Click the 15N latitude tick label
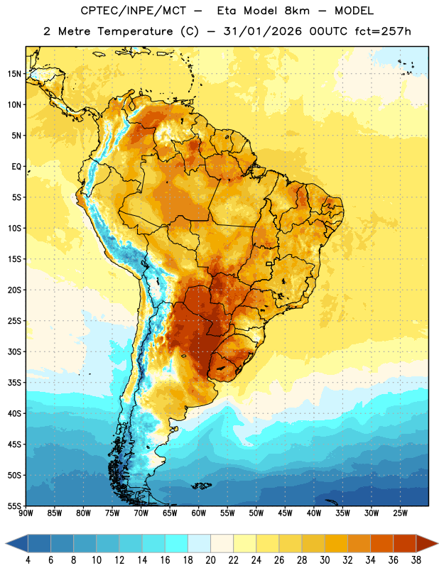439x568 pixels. pyautogui.click(x=14, y=74)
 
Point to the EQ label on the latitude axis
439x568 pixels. pyautogui.click(x=16, y=167)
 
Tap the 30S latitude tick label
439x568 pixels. pyautogui.click(x=14, y=351)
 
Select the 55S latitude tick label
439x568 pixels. pyautogui.click(x=14, y=506)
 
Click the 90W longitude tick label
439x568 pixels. pyautogui.click(x=26, y=513)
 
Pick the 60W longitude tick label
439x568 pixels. pyautogui.click(x=199, y=513)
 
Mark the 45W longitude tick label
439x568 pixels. pyautogui.click(x=285, y=513)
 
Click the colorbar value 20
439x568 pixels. pyautogui.click(x=210, y=560)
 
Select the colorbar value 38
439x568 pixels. pyautogui.click(x=416, y=560)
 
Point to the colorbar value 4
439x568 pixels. pyautogui.click(x=28, y=560)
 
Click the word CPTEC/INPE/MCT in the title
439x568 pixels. pyautogui.click(x=134, y=11)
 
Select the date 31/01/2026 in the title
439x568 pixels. pyautogui.click(x=262, y=31)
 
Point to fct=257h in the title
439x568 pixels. pyautogui.click(x=383, y=31)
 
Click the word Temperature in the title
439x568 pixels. pyautogui.click(x=135, y=32)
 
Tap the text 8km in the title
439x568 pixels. pyautogui.click(x=297, y=11)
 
